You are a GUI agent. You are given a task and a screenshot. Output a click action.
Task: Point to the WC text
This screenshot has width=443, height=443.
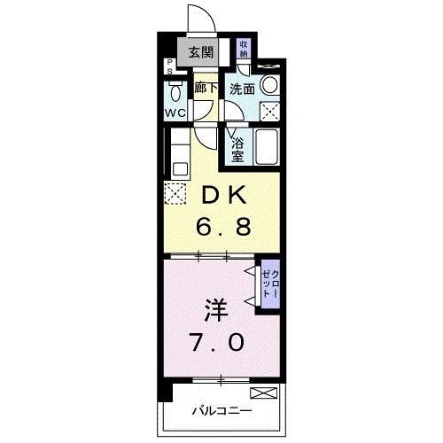[x=175, y=113]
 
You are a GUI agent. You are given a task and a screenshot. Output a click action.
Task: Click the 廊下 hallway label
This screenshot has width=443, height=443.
[x=205, y=88]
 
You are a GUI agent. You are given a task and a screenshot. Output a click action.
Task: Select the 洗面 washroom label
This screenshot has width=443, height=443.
[x=243, y=89]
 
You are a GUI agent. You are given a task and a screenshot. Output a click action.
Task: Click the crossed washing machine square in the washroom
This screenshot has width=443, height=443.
[x=270, y=111]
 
